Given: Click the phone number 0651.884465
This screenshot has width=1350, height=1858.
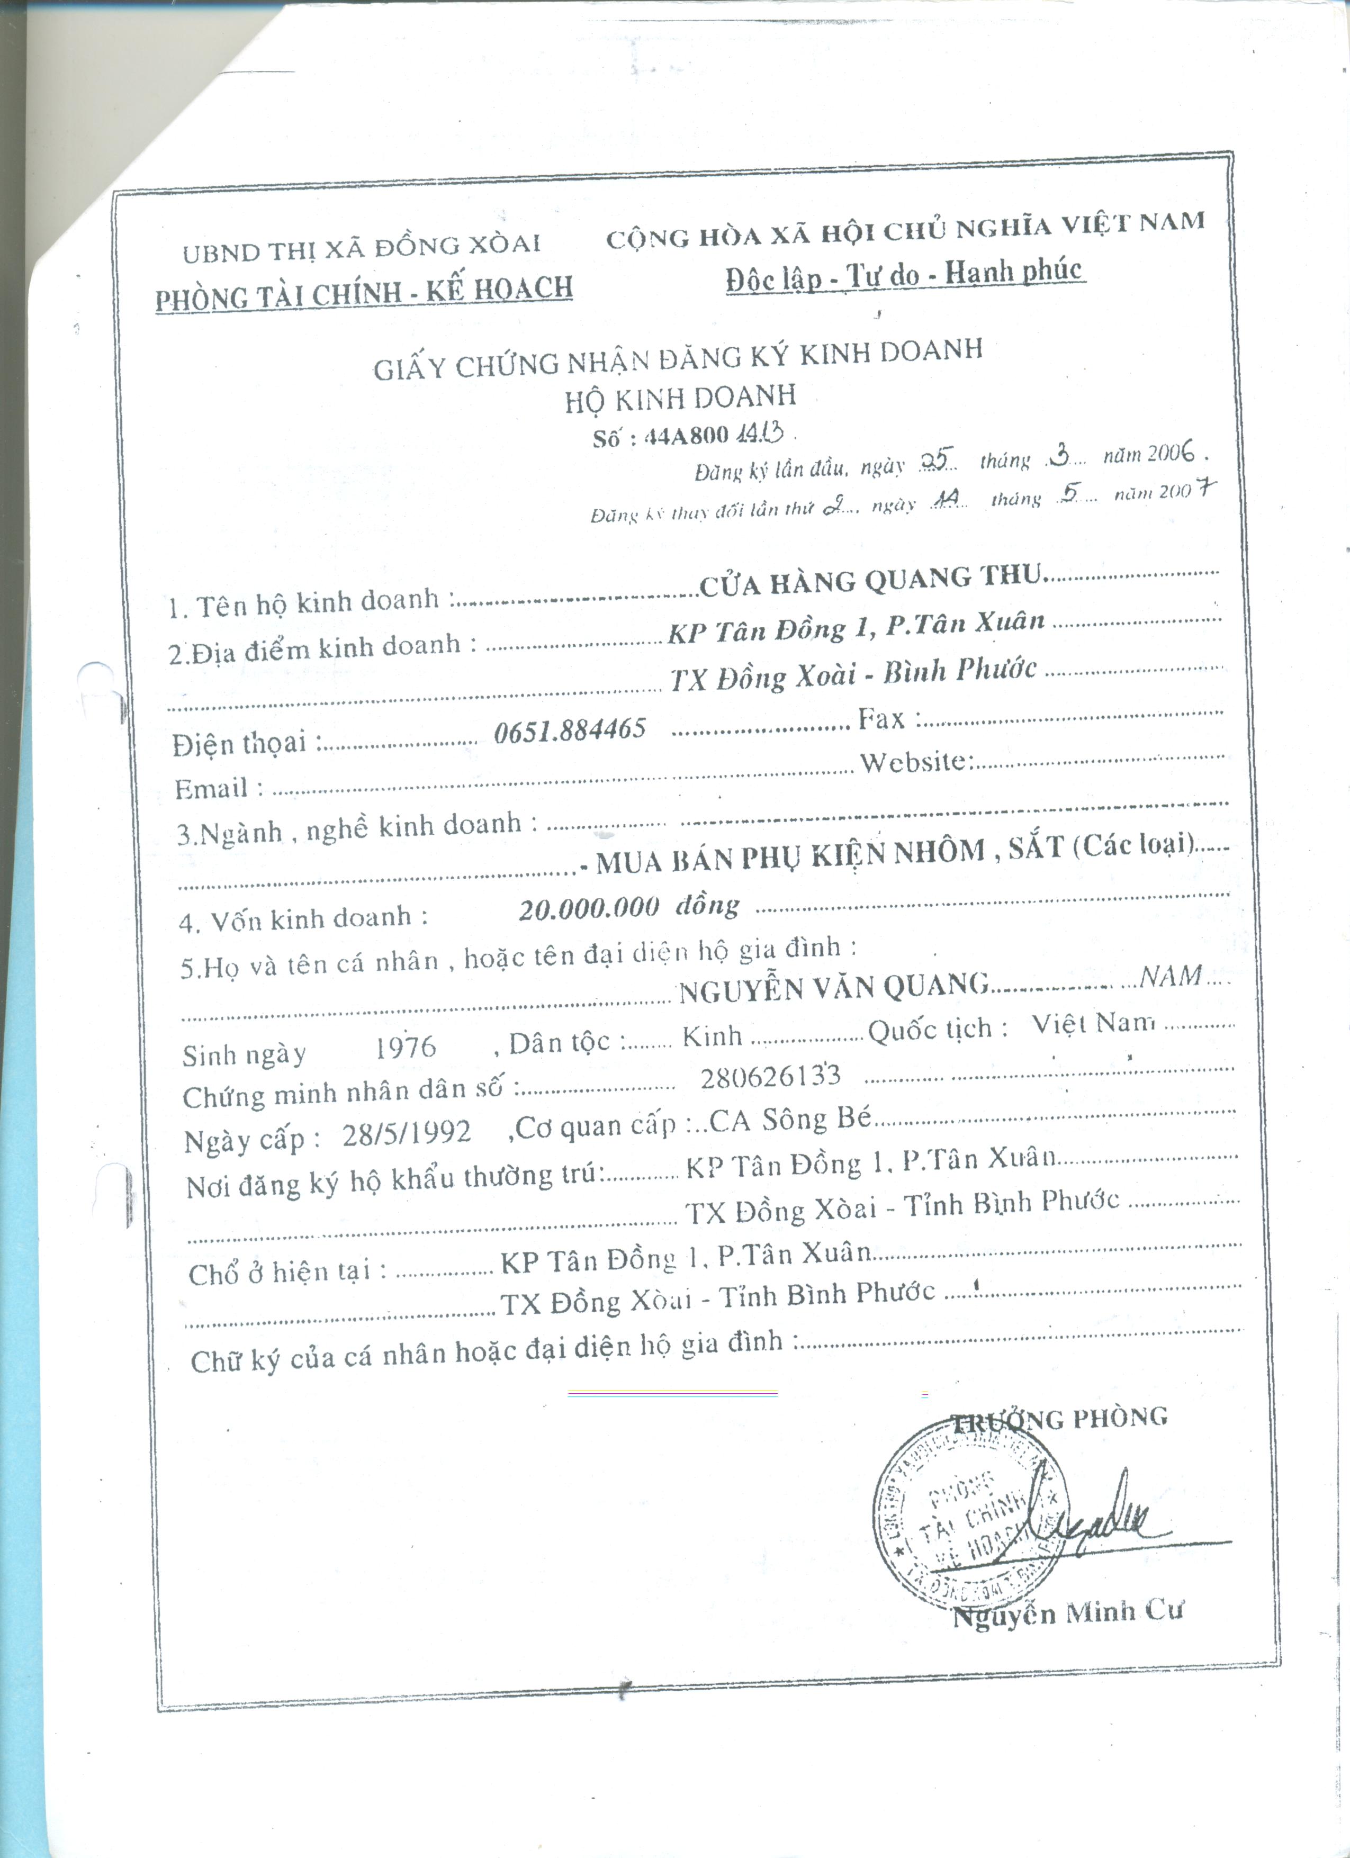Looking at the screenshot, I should [570, 729].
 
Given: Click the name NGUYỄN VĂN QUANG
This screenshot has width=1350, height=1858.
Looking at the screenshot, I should [833, 988].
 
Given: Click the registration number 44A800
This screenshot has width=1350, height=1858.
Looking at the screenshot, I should [687, 435].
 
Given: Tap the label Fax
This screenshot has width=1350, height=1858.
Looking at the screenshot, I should [880, 719].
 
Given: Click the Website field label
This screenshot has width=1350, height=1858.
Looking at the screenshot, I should [913, 763].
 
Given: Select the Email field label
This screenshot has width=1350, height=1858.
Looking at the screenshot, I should [211, 788].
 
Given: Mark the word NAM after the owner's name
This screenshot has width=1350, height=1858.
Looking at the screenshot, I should [1171, 976].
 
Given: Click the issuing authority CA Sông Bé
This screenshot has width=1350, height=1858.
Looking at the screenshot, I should [790, 1120].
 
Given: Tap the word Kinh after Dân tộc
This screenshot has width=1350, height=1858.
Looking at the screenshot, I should [712, 1036].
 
